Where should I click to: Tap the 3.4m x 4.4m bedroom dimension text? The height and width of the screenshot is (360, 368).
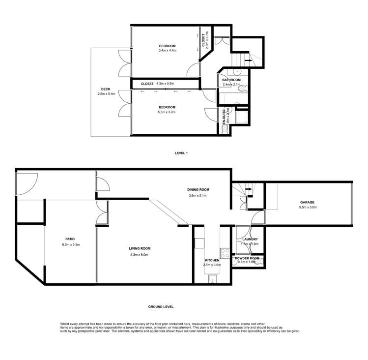(167, 51)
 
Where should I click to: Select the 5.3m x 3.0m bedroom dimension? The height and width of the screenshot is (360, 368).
(167, 112)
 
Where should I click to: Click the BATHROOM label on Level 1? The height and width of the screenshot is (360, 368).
(231, 80)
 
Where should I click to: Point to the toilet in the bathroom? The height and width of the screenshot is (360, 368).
(245, 89)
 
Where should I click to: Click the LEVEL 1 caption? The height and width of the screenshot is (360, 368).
(181, 153)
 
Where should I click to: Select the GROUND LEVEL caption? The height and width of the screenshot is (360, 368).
(161, 306)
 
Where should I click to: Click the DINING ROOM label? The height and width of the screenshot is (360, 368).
(198, 189)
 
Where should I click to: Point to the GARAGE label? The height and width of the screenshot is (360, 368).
(308, 202)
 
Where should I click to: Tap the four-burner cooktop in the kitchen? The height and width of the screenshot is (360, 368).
(224, 254)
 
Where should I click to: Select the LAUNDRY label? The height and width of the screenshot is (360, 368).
(250, 239)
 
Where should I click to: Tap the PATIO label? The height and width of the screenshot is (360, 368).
(69, 240)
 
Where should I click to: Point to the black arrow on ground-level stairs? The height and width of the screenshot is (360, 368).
(249, 188)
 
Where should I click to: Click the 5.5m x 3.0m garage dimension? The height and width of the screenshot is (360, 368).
(308, 208)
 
